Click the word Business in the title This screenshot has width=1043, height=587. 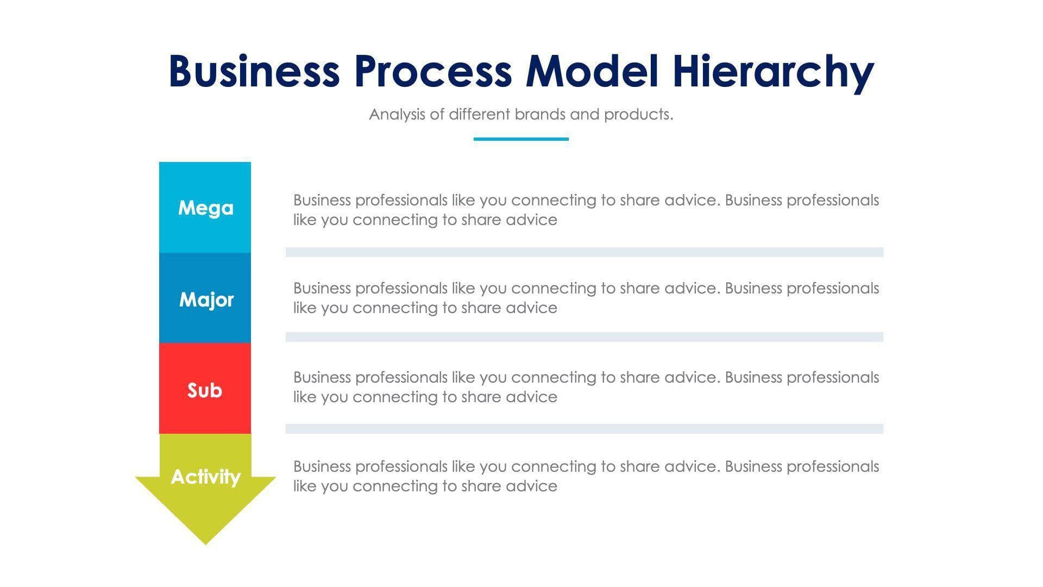coord(254,71)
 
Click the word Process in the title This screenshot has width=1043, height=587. coord(433,71)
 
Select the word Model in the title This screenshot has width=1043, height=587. coord(592,71)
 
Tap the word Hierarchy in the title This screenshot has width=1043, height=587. coord(773,72)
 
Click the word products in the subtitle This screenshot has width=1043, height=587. coord(638,115)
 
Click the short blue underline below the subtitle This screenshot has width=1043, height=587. coord(521,139)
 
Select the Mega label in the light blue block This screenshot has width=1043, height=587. coord(205,208)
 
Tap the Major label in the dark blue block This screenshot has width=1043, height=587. coord(206,299)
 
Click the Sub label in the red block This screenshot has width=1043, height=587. coord(205,390)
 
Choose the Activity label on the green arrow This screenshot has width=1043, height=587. coord(205,477)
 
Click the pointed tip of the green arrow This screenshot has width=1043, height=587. coord(205,541)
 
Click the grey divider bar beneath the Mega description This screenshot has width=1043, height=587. coord(584,252)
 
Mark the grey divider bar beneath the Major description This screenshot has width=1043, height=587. coord(584,337)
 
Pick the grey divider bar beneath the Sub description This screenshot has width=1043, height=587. coord(584,429)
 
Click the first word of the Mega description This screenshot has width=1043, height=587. coord(322,201)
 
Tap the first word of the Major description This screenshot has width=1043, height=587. coord(322,289)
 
